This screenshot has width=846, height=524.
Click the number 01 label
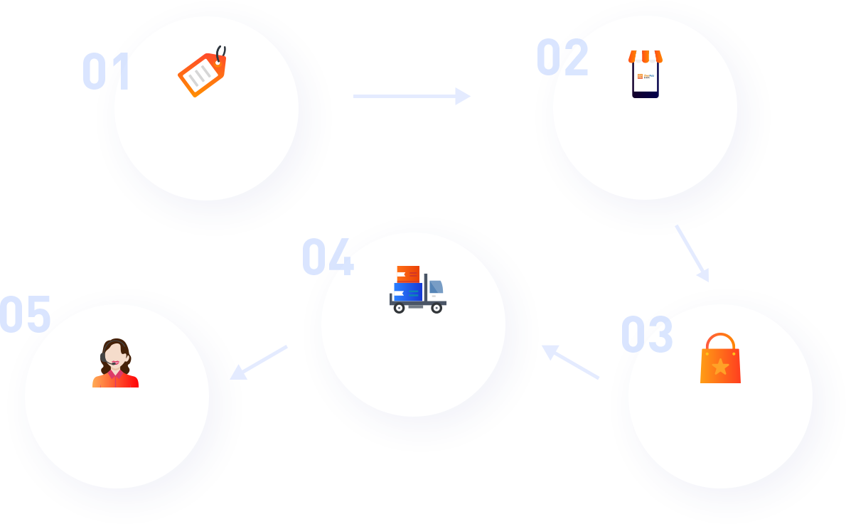(107, 71)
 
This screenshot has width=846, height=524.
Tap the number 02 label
(562, 57)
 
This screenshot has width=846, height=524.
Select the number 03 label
(647, 334)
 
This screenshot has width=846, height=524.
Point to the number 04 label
(328, 257)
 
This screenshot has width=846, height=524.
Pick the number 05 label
(26, 314)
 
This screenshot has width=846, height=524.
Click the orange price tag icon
(203, 73)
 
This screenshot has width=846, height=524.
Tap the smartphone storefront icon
(645, 75)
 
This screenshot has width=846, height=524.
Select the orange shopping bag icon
(720, 359)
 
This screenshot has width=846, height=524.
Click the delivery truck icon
(418, 289)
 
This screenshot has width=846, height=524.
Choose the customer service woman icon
(116, 363)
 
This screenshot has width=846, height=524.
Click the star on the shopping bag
(720, 366)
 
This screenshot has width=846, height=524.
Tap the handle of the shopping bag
(720, 341)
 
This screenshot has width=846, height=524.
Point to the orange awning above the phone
(645, 56)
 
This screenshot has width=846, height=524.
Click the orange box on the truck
(408, 274)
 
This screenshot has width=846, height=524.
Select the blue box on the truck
(407, 292)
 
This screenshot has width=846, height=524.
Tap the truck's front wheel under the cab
(437, 308)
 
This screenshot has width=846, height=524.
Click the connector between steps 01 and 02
(412, 96)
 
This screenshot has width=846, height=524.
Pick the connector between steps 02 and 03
(691, 254)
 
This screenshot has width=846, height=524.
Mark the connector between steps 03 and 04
(570, 363)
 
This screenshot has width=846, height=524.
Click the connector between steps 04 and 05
(259, 362)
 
